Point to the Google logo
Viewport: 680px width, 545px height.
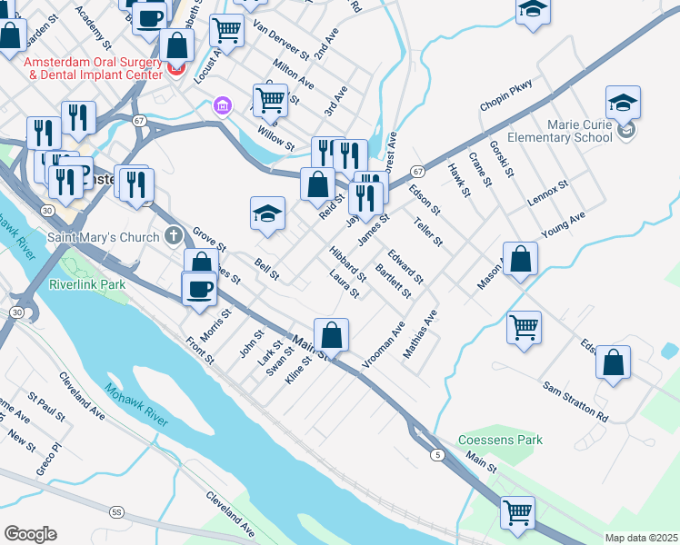click(30, 534)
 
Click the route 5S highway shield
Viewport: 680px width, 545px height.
click(116, 512)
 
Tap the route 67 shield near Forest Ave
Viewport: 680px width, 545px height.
click(416, 171)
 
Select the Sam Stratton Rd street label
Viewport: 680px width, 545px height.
click(575, 401)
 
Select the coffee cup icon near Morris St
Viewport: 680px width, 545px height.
click(200, 289)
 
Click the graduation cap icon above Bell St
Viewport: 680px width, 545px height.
click(267, 214)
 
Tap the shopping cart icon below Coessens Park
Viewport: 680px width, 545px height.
click(517, 511)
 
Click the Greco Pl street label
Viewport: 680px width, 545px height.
click(46, 460)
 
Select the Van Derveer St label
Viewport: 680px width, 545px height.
click(275, 37)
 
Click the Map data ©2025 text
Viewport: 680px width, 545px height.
click(641, 538)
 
